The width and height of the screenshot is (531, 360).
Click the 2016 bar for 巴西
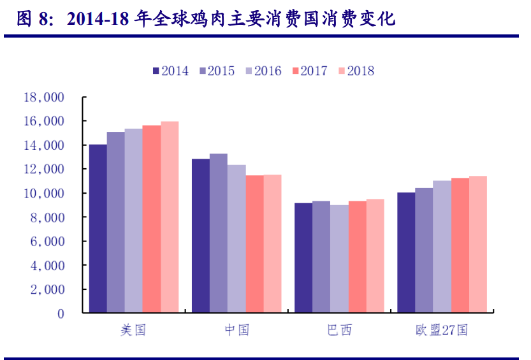(339, 258)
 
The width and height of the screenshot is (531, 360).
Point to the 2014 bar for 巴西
(303, 257)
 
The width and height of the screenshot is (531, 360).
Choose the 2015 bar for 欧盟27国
(424, 250)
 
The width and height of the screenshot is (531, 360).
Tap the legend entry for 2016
(263, 71)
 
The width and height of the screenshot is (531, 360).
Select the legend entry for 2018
(356, 71)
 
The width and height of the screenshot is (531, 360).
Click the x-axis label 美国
(133, 330)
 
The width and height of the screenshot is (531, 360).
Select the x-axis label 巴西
(339, 330)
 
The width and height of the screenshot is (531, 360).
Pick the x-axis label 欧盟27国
(442, 330)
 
